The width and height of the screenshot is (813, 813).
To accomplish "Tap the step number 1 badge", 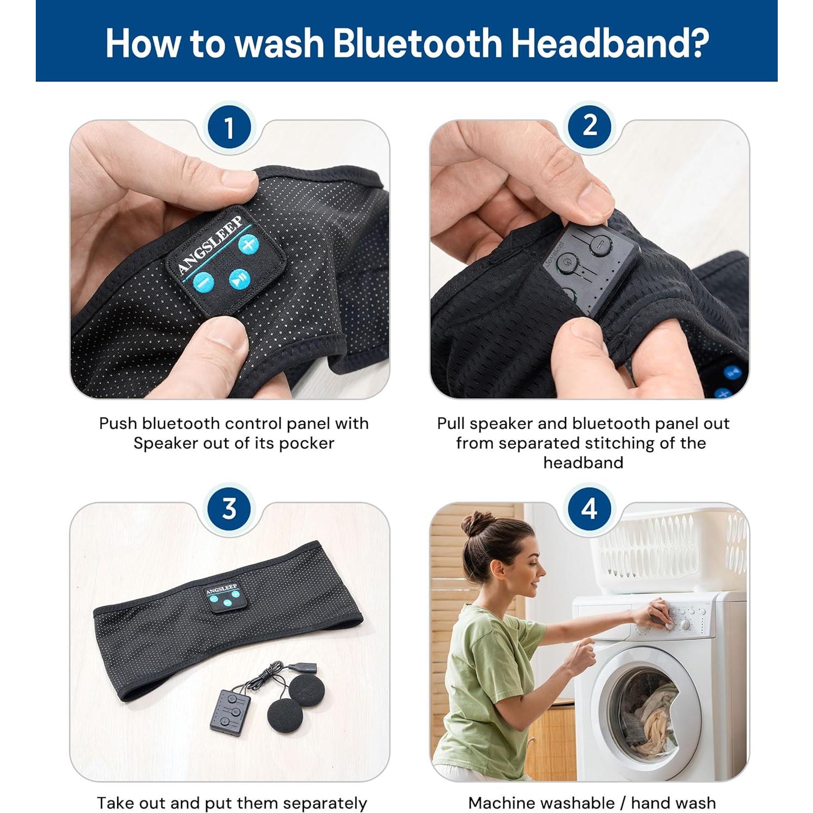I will coord(229,128).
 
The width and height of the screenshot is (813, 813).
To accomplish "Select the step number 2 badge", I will coord(590,126).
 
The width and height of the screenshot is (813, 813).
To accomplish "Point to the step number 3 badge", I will coord(229,509).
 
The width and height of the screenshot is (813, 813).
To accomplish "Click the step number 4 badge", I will coord(590,509).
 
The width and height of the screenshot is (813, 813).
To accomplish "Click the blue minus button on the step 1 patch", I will coord(203,281).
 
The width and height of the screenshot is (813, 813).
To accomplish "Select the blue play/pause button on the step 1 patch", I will coord(239,279).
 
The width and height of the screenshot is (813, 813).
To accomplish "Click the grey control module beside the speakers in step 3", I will coord(231,712).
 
